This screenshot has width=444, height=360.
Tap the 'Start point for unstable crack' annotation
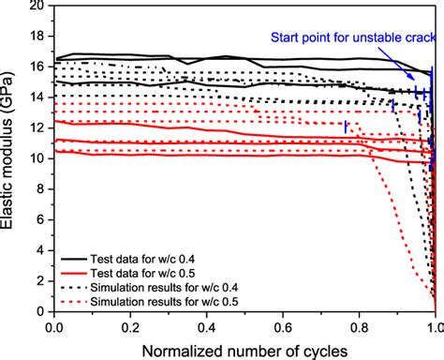353,38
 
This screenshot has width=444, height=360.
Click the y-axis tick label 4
41,250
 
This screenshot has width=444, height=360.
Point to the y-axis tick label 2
41,281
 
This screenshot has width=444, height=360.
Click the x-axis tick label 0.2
130,326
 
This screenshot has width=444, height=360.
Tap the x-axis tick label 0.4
206,326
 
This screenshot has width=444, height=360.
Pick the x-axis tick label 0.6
282,326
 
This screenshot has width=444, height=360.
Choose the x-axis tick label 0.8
358,326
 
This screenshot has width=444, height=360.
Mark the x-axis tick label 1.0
432,326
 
